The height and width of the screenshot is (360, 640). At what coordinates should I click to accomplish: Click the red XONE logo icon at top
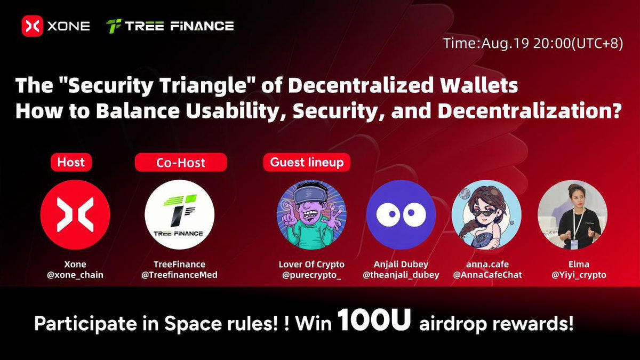(32, 26)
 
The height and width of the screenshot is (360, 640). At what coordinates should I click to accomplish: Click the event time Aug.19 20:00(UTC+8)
(533, 44)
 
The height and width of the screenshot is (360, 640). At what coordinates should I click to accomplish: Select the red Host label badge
(71, 162)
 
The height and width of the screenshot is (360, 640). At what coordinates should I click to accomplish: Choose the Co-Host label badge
(181, 162)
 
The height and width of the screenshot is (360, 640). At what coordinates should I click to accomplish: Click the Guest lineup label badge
(307, 162)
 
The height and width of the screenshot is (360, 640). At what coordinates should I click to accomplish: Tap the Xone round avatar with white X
(75, 215)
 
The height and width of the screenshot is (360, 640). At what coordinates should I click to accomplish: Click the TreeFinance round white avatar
(180, 215)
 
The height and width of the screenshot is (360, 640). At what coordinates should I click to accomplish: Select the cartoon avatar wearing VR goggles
(311, 215)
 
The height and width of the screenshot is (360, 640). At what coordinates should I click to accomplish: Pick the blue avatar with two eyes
(401, 215)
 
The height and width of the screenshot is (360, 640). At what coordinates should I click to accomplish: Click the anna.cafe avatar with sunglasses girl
(486, 215)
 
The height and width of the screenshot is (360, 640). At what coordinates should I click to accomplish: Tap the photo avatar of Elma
(572, 215)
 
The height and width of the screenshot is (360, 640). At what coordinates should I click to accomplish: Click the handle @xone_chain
(75, 275)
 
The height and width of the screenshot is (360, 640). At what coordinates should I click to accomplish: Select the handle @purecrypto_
(311, 275)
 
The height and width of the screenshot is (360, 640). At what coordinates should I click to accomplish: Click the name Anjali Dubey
(401, 264)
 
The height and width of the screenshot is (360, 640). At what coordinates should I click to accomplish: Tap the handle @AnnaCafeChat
(486, 275)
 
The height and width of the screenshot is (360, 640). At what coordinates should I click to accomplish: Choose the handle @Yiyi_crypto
(572, 275)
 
